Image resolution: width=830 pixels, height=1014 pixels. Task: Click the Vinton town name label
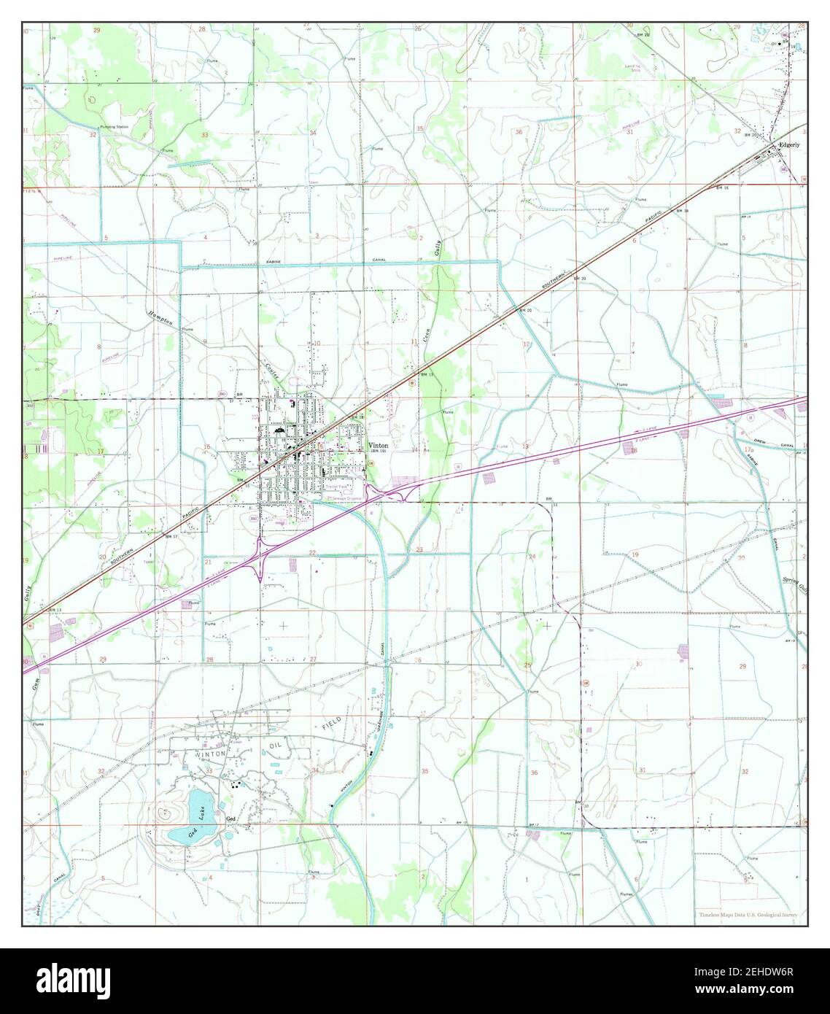(379, 446)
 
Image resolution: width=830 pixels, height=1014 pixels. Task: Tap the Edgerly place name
(789, 144)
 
